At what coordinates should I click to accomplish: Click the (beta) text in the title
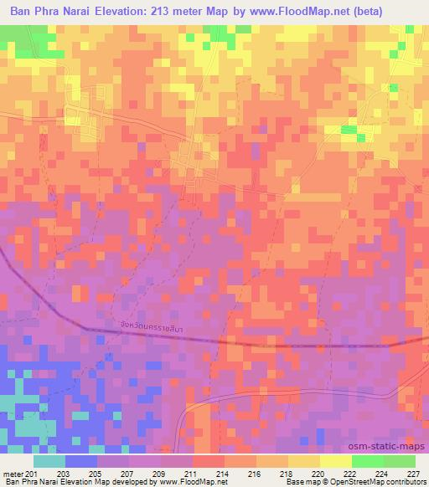pyautogui.click(x=401, y=12)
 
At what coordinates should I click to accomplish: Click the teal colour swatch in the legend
pyautogui.click(x=49, y=460)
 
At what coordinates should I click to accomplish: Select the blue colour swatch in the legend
pyautogui.click(x=81, y=460)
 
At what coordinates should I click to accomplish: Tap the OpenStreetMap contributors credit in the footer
pyautogui.click(x=377, y=482)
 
